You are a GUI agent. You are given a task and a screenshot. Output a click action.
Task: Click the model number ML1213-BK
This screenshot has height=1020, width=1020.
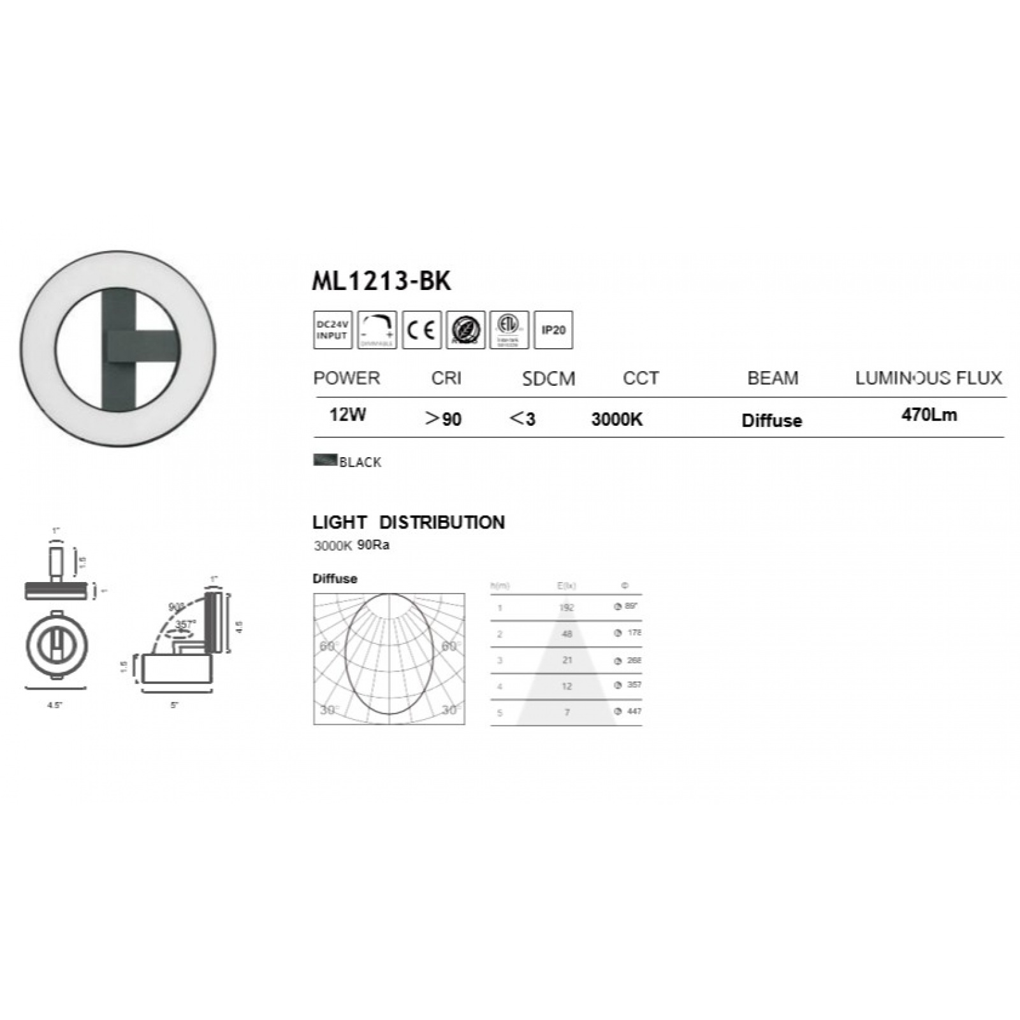(381, 281)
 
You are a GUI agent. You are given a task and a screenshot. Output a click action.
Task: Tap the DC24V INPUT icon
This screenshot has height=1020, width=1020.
(332, 330)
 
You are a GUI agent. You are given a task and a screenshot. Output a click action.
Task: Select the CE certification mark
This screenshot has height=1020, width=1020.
(421, 330)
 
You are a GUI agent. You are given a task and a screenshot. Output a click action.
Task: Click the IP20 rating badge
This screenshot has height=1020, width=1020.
(553, 330)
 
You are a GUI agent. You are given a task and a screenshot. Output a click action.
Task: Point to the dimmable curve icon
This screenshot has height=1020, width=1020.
(377, 330)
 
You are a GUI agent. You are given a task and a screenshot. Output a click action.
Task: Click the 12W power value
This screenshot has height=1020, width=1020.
(347, 415)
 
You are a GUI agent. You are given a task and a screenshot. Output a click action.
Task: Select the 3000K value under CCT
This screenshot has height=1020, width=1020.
(616, 419)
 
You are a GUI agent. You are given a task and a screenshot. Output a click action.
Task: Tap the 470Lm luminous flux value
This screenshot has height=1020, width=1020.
(929, 415)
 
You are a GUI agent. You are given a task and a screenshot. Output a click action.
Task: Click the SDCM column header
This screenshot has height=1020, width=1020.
(548, 379)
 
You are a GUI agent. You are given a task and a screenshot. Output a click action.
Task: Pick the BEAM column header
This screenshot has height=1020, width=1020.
(773, 378)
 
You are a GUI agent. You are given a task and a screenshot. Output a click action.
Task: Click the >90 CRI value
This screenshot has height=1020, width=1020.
(443, 419)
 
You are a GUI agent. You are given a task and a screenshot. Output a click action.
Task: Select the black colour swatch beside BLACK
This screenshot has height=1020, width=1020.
(325, 460)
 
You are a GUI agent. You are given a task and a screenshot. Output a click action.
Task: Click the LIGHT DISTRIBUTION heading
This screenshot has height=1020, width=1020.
(408, 522)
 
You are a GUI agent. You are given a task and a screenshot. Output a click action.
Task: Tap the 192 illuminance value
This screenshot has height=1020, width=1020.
(566, 608)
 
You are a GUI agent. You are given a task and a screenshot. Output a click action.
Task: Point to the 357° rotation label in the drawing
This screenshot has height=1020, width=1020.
(186, 624)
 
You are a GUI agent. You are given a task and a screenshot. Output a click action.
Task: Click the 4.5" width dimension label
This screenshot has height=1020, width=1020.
(55, 705)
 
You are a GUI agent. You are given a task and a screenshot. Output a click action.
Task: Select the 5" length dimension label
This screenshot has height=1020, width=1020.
(174, 705)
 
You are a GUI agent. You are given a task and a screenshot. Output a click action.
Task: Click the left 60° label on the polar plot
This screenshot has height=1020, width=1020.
(326, 646)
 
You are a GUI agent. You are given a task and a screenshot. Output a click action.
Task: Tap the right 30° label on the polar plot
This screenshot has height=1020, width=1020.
(449, 710)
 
